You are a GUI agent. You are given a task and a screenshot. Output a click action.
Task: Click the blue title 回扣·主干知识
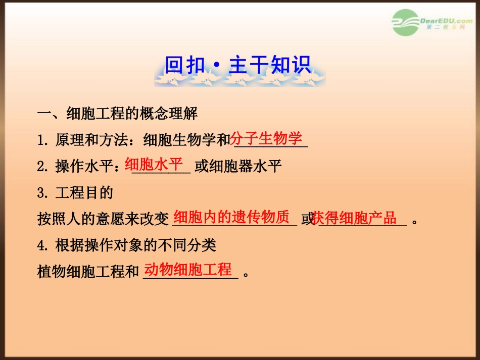238,65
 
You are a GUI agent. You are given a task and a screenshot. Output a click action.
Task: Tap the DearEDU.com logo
431,23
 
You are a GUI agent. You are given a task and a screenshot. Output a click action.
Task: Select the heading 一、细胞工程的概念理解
117,114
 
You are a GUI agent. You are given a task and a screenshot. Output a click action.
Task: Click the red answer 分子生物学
266,138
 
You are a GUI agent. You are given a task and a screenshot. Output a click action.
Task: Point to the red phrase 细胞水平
154,165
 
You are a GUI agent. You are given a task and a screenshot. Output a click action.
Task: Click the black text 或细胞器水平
238,167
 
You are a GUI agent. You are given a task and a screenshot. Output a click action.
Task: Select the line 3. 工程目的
75,193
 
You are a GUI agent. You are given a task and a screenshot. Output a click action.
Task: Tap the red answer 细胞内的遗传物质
231,217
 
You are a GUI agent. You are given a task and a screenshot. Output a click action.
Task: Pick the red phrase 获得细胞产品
354,218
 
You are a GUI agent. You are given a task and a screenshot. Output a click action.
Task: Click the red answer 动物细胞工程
188,270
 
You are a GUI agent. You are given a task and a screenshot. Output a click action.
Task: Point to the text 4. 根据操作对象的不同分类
127,245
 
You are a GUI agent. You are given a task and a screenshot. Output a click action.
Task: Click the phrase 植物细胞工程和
88,272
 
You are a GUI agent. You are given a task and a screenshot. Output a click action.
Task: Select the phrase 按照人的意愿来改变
103,219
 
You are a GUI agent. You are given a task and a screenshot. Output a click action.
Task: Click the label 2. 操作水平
78,167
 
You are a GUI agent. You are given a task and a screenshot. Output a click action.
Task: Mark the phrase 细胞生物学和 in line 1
187,140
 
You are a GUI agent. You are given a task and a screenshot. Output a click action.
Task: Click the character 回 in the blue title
174,65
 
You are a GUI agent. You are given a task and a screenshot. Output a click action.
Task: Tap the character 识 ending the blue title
302,65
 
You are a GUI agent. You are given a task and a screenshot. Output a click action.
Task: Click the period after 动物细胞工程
246,274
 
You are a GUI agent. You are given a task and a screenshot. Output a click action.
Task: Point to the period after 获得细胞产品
414,222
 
